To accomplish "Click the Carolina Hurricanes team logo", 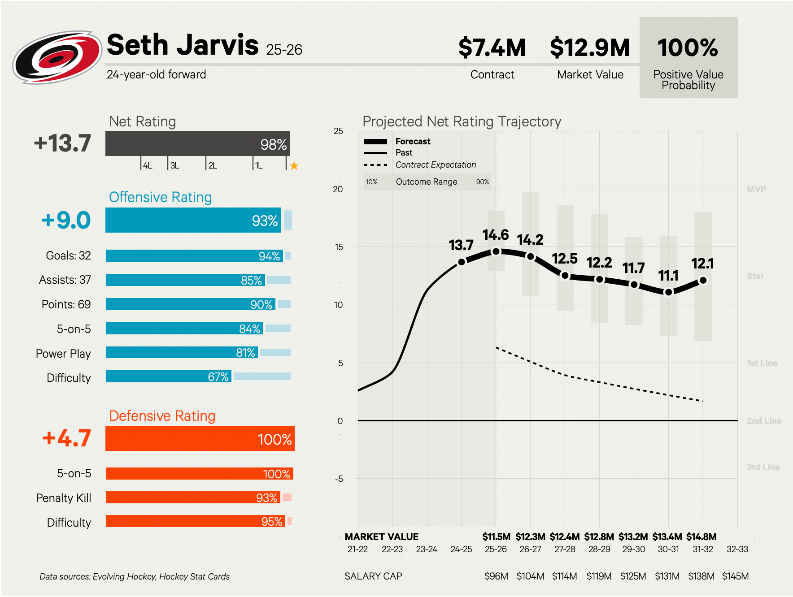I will point(57,57).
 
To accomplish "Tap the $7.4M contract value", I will point(492,48).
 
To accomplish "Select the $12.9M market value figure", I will point(590,48).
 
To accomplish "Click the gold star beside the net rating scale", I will point(294,166).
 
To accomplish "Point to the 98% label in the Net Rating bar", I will point(273,144).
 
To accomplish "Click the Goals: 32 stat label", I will point(68,255).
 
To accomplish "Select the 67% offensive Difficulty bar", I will point(168,376).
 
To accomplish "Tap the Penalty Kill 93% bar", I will point(193,497).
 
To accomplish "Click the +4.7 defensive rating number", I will point(66,438).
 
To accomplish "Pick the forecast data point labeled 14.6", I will point(496,251).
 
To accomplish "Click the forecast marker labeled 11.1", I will point(668,292).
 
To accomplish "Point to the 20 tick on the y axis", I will point(338,189).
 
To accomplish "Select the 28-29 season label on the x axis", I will point(599,549).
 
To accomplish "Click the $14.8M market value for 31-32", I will point(701,536).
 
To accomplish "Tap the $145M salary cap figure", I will point(735,576).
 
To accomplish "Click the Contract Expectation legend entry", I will point(435,164).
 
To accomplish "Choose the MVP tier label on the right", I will point(756,189).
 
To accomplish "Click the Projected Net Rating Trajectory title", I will point(462,121).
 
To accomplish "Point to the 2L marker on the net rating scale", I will point(213,165).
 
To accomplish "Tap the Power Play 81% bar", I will point(182,352).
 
